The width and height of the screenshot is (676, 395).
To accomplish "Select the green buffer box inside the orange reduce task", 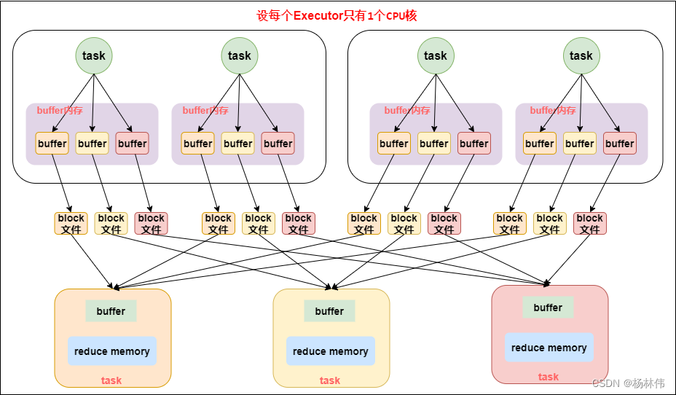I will (x=111, y=311).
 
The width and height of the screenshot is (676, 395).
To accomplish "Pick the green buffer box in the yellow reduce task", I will (x=329, y=311).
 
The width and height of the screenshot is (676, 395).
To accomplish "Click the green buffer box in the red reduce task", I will (x=548, y=308).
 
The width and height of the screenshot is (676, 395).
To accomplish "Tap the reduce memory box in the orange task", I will (x=112, y=351).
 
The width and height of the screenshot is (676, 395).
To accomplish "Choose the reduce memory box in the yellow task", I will (x=331, y=351).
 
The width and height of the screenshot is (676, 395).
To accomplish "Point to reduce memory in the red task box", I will (x=549, y=348).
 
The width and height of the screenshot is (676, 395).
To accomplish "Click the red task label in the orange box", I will (x=111, y=380).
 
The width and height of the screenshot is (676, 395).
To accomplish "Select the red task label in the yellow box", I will (x=330, y=380).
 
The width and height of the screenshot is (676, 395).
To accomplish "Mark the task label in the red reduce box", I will (x=549, y=377).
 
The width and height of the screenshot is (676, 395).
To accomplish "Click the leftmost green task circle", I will (x=94, y=55).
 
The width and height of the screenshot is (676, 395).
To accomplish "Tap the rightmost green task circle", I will (x=581, y=55).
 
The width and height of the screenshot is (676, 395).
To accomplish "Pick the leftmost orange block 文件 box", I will (x=71, y=224).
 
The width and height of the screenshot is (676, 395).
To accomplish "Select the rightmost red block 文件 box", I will (x=590, y=224).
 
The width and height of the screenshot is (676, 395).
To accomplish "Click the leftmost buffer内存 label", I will (x=60, y=111).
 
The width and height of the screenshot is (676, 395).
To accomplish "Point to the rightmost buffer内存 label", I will (x=553, y=111).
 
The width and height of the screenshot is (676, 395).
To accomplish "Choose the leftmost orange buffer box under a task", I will (x=52, y=144).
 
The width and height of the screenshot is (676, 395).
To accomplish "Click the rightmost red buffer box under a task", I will (x=620, y=144).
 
